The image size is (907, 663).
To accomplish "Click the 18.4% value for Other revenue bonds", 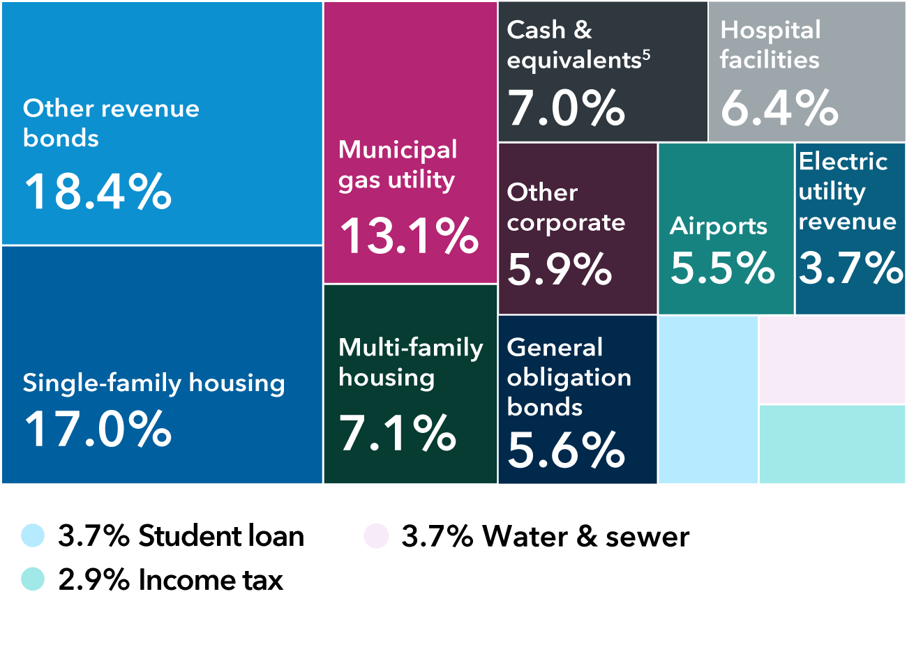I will (x=98, y=192).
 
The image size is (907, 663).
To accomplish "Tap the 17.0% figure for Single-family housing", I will (x=98, y=429).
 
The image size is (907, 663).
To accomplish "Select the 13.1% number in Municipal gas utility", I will (x=409, y=236).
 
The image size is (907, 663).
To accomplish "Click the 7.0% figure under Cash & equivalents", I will (x=566, y=108).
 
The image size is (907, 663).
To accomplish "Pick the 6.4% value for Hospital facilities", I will (x=779, y=108).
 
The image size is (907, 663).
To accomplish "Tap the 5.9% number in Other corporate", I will (x=560, y=269).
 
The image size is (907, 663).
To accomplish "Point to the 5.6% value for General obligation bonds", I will (x=566, y=450).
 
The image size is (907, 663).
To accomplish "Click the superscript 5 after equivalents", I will (x=647, y=54).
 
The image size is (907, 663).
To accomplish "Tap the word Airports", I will (x=719, y=226).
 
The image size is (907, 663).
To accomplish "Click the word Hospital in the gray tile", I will (x=770, y=30).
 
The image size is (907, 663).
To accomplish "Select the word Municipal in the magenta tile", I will (x=398, y=149).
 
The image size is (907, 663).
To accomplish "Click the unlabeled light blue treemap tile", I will (x=707, y=399).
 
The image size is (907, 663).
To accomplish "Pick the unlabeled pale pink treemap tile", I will (x=832, y=360).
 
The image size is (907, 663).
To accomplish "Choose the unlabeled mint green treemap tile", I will (x=832, y=444).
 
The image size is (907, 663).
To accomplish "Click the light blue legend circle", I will (x=33, y=535).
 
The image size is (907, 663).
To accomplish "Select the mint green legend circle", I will (x=33, y=579).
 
